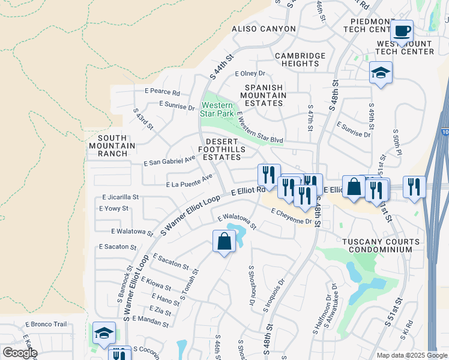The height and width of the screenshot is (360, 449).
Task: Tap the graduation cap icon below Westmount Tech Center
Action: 380,73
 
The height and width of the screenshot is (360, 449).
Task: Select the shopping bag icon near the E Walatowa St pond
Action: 224,242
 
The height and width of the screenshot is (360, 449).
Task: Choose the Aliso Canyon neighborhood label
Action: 264,29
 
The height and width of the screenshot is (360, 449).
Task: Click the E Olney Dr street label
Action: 250,73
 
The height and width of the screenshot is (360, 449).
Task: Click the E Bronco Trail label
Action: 46,324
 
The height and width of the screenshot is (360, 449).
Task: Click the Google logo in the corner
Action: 20,353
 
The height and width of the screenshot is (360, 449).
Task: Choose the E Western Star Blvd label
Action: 260,127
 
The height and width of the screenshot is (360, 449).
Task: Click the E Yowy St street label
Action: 113,209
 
